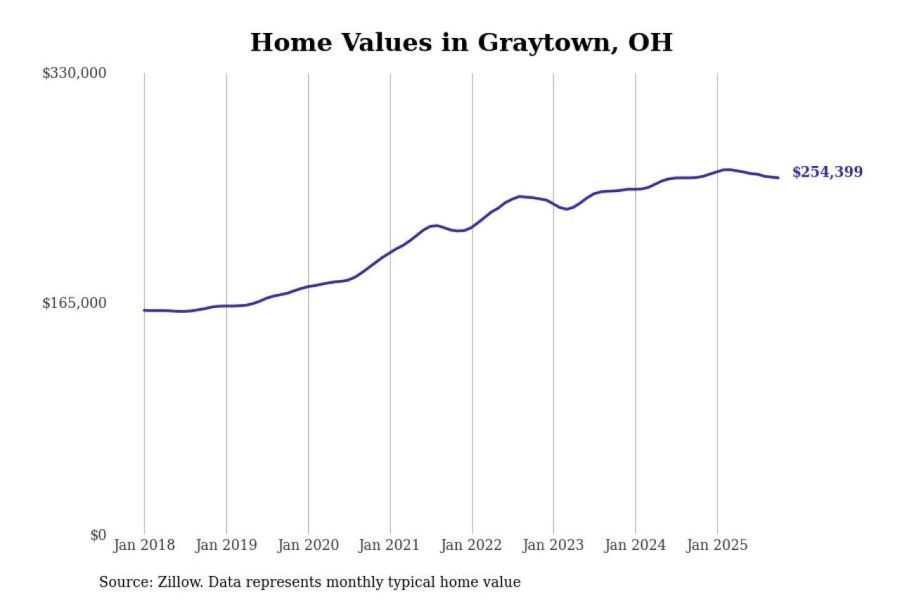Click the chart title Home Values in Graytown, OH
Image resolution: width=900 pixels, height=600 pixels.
point(461,42)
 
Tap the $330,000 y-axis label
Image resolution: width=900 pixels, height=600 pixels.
point(74,73)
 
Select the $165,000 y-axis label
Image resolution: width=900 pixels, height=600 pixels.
point(74,303)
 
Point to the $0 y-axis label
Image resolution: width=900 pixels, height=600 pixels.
point(98,535)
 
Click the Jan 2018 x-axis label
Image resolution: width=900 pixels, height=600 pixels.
point(144,545)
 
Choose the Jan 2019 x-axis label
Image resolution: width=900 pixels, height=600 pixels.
point(226,545)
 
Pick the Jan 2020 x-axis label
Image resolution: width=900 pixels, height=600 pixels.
point(307,545)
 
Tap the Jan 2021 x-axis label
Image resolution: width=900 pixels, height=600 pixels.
point(389,545)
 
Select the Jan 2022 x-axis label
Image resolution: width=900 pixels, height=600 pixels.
point(471,545)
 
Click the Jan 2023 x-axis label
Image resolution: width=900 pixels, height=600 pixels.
point(552,545)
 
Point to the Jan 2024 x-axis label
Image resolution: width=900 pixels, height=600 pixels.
point(634,545)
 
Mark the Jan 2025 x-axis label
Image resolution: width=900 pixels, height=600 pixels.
point(716,545)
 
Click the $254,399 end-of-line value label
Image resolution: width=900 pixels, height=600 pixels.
point(827,172)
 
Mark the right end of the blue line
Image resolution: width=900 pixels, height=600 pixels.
point(778,177)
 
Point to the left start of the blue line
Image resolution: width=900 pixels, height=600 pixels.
point(144,310)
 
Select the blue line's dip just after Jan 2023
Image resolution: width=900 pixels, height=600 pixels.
point(566,209)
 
